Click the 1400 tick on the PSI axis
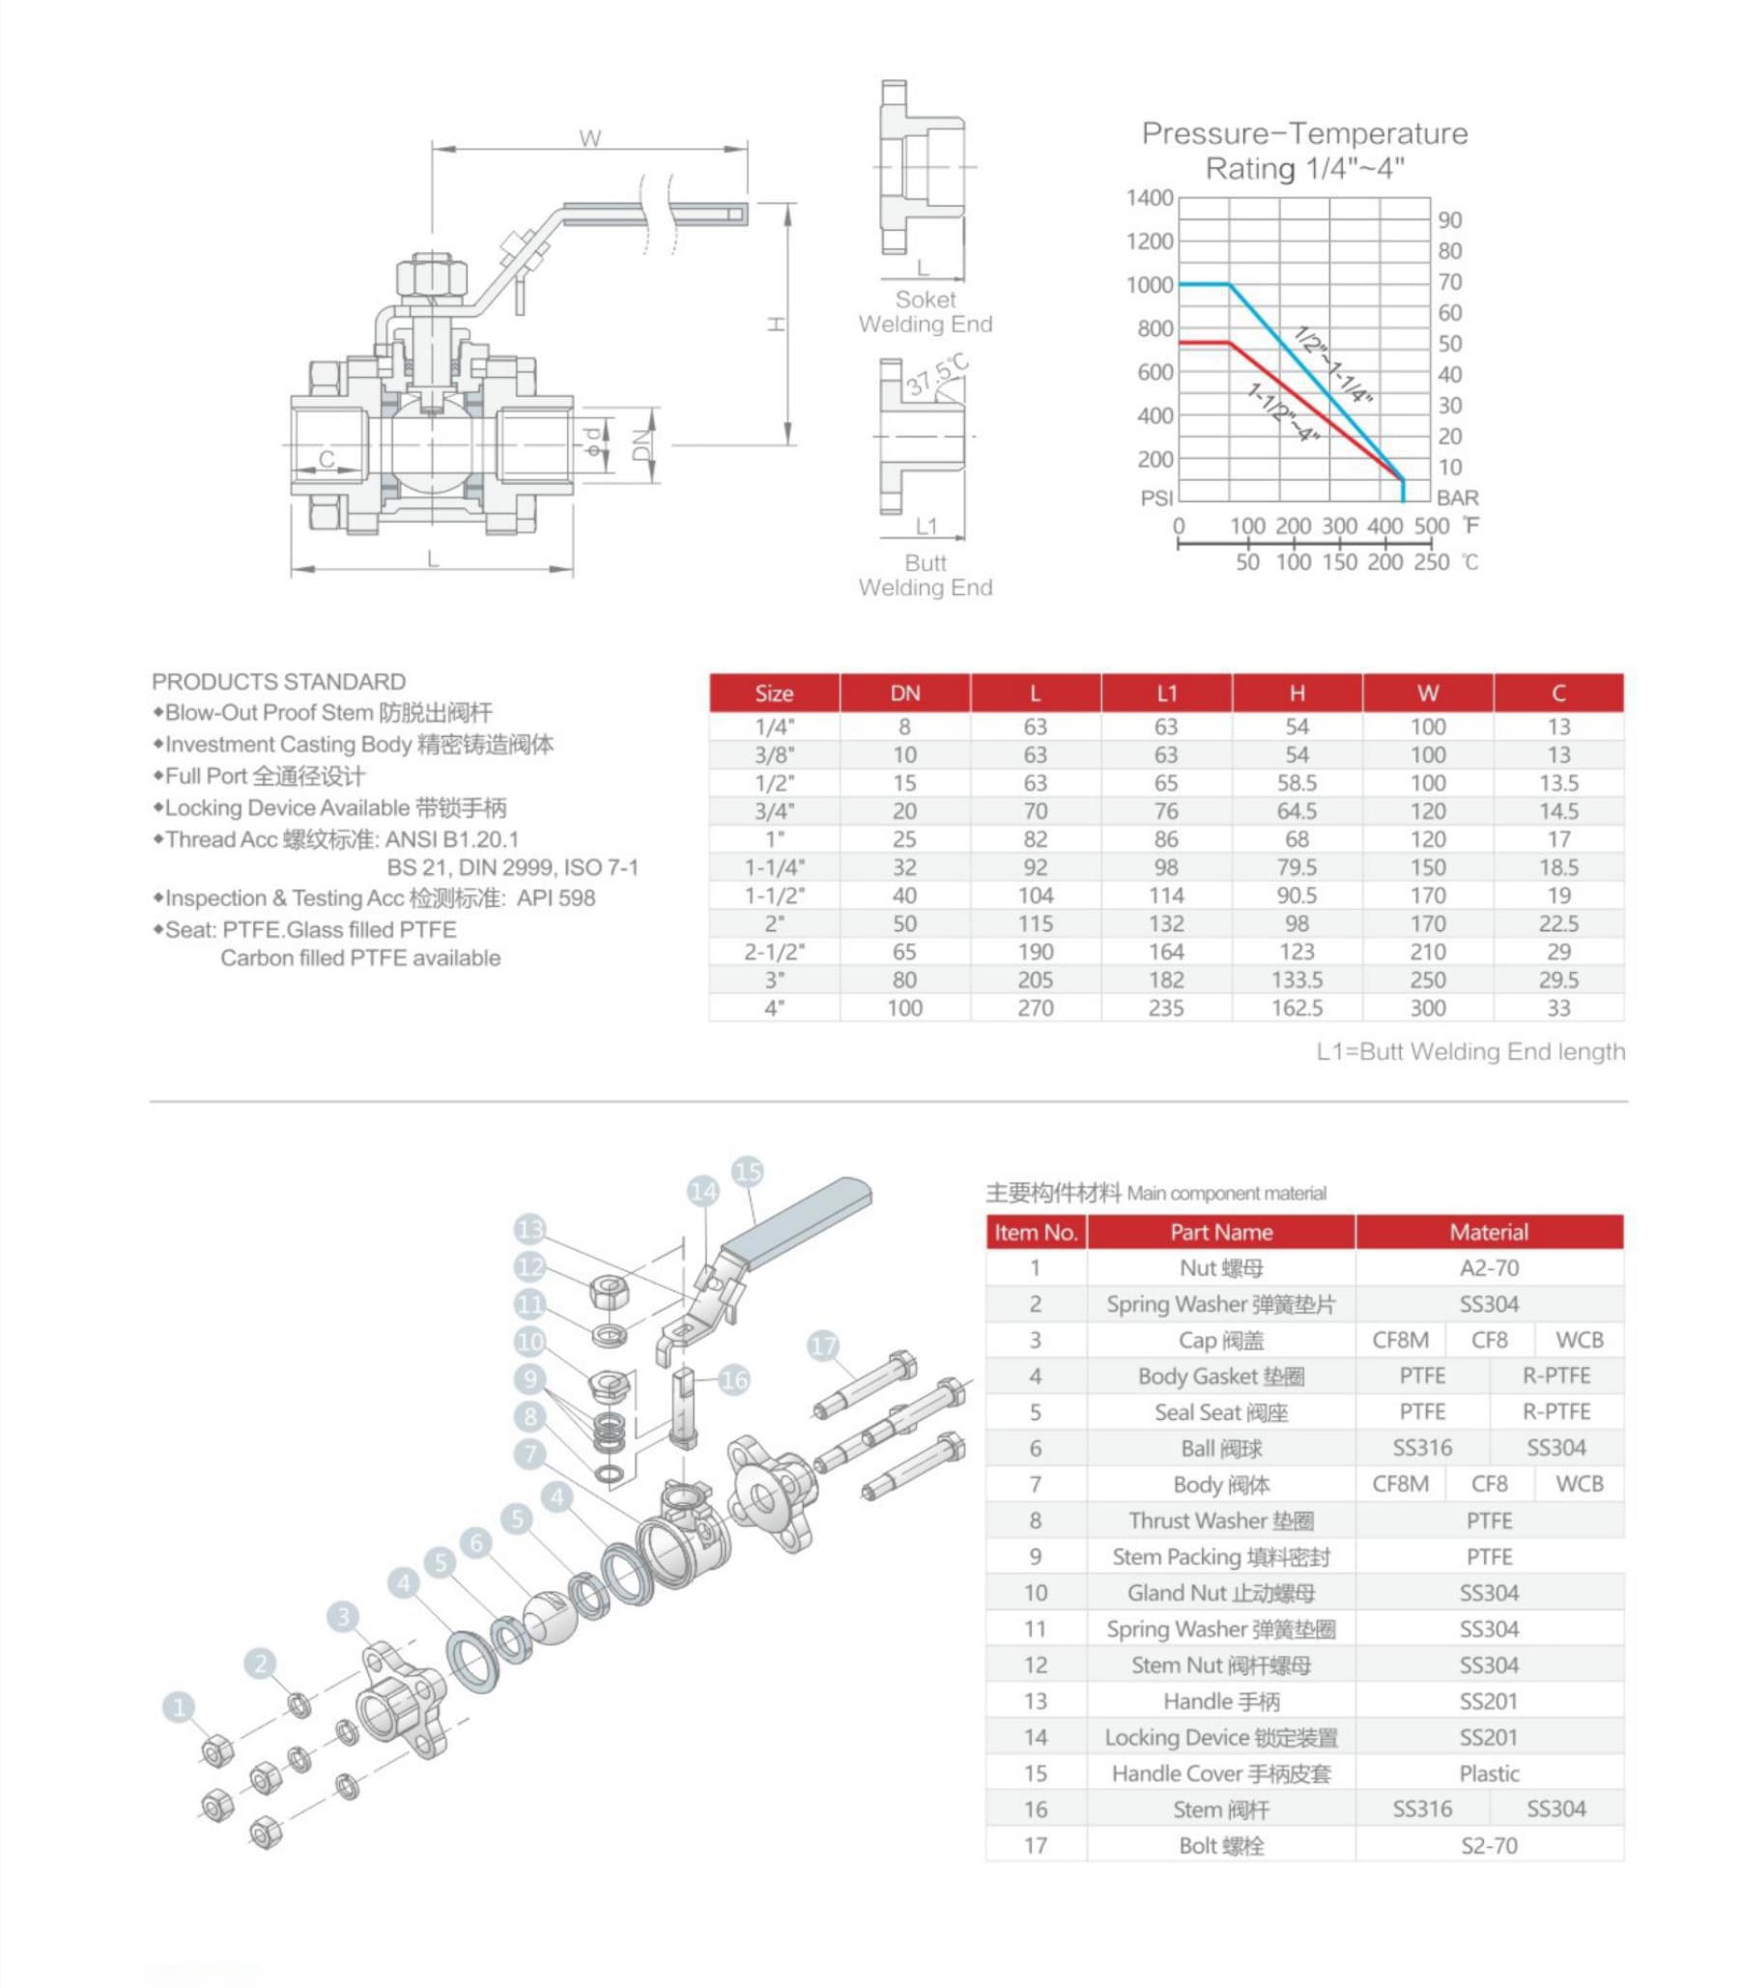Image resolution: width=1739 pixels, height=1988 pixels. click(1149, 198)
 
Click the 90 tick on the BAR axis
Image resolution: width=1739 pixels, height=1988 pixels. click(1450, 220)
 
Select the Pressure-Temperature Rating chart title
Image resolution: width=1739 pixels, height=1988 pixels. click(1304, 151)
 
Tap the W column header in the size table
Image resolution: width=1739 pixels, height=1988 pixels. click(1428, 693)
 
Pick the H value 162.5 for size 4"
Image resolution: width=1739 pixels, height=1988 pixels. click(1297, 1008)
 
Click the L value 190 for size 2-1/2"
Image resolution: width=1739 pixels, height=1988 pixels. click(1035, 951)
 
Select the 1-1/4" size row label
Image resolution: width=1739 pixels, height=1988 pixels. click(774, 867)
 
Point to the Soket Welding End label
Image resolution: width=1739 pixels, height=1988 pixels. click(925, 311)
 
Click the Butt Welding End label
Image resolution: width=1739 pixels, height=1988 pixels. click(925, 575)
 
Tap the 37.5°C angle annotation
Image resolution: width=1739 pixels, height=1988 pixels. click(937, 376)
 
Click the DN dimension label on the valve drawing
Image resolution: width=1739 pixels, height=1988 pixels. click(641, 444)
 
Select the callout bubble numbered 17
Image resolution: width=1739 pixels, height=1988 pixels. click(823, 1346)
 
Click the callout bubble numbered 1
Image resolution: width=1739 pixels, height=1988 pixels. click(178, 1707)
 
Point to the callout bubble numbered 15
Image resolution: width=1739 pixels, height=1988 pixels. click(747, 1171)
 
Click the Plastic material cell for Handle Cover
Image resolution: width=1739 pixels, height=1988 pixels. click(1489, 1774)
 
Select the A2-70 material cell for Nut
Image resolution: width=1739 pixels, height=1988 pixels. click(1489, 1268)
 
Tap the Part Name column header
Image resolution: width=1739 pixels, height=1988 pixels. click(1221, 1233)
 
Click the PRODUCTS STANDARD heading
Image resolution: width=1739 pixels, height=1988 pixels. click(278, 681)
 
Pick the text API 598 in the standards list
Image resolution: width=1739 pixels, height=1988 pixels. click(556, 897)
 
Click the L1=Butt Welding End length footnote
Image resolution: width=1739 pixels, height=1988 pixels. click(1470, 1051)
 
